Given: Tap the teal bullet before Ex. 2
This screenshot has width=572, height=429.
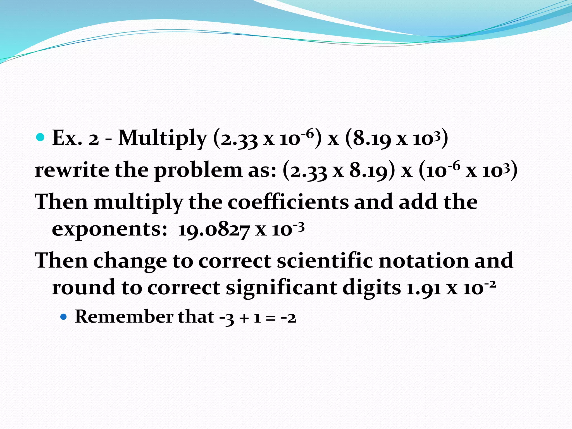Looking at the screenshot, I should click(x=41, y=137).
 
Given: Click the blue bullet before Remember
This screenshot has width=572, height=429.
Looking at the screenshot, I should click(x=64, y=317).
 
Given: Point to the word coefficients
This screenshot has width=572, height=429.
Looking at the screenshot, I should click(x=288, y=202).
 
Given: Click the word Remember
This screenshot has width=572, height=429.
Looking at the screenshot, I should click(x=124, y=317).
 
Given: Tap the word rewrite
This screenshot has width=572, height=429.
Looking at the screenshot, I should click(x=72, y=170).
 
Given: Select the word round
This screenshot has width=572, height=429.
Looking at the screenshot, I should click(x=84, y=288).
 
